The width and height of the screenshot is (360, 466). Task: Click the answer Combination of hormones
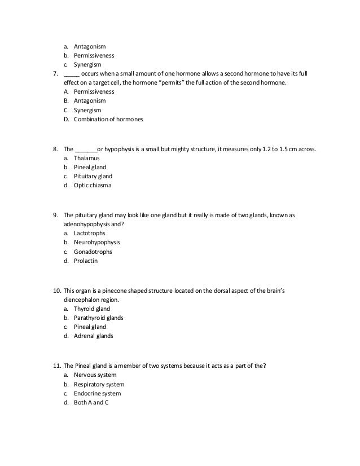108,120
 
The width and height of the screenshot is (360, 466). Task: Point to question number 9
55,215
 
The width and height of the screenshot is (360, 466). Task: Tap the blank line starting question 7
71,74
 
